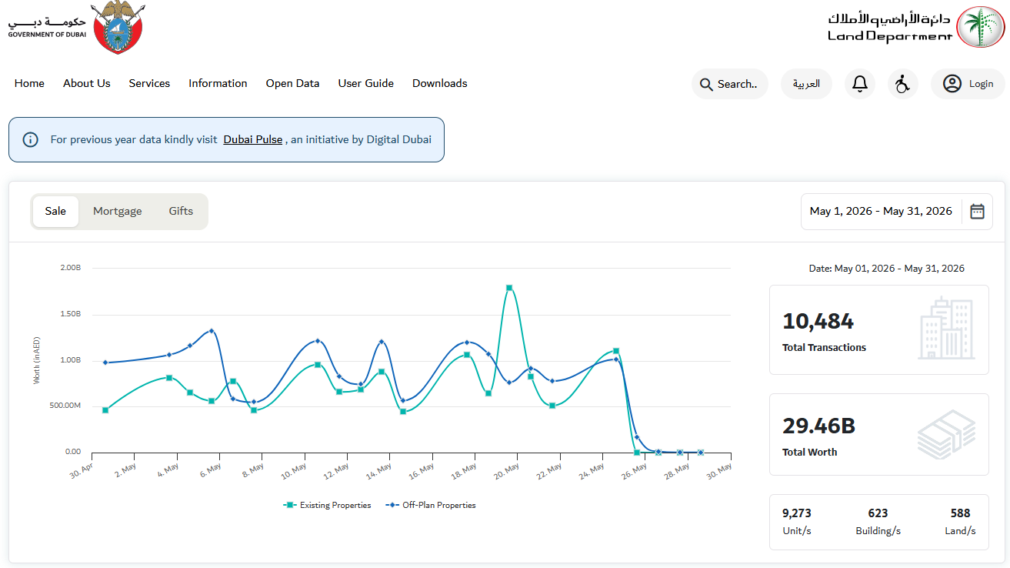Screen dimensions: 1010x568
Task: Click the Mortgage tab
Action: tap(117, 211)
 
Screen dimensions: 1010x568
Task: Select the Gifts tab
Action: tap(181, 211)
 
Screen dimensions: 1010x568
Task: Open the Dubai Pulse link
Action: tap(253, 139)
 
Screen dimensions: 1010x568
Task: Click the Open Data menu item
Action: tap(292, 83)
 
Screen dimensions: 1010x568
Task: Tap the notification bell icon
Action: tap(860, 84)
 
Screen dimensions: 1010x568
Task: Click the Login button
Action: tap(968, 84)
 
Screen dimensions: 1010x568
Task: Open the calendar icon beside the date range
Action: tap(977, 211)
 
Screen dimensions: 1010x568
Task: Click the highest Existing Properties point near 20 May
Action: tap(509, 288)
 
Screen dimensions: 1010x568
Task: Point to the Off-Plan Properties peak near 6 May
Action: tap(212, 331)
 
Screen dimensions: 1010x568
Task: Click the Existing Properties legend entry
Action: tap(327, 505)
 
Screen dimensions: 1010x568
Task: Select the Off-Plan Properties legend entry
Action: tap(431, 505)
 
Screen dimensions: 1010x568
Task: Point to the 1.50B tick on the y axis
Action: tap(70, 313)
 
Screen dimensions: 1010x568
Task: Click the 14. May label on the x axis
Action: tap(378, 472)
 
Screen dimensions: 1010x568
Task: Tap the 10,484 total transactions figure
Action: tap(818, 321)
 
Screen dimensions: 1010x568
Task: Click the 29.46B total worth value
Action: tap(818, 426)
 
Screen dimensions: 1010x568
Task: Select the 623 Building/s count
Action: tap(878, 513)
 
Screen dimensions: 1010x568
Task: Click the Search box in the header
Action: tap(729, 84)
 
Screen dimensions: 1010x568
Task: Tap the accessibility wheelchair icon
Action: tap(902, 84)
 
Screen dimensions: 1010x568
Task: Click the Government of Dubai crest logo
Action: tap(118, 27)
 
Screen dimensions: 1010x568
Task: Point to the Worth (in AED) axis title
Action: tap(36, 360)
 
